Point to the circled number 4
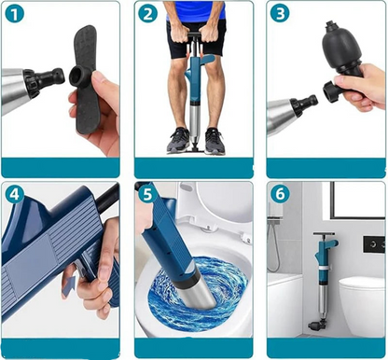click(x=14, y=194)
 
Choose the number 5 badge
click(x=147, y=194)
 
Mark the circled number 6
click(x=280, y=194)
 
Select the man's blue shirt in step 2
click(x=195, y=9)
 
